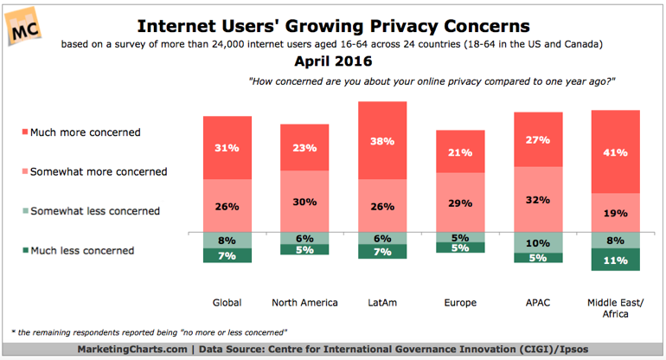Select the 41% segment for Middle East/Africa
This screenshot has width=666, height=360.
(615, 151)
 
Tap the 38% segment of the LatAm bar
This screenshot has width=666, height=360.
(381, 140)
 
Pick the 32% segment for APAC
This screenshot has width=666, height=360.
(537, 199)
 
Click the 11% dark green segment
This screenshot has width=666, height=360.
(615, 260)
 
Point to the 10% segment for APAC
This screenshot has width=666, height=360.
(537, 242)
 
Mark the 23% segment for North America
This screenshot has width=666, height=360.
(304, 147)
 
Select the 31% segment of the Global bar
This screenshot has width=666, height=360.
(227, 147)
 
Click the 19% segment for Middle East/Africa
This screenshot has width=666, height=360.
(615, 212)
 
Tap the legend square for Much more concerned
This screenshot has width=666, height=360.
(22, 132)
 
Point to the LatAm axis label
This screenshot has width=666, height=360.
(381, 302)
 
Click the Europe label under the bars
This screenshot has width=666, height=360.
(459, 302)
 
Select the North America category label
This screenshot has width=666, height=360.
(304, 302)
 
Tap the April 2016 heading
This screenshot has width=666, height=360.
(333, 61)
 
